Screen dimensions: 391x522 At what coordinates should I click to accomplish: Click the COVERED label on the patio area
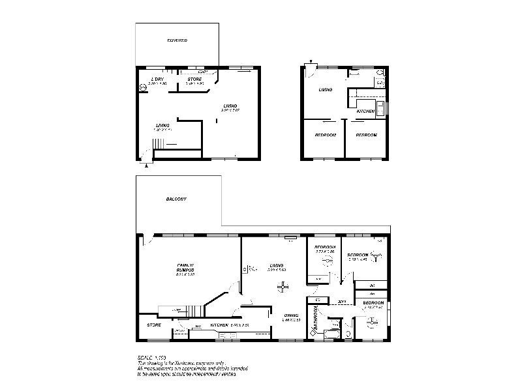click(x=177, y=40)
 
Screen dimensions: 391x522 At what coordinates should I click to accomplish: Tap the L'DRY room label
click(x=157, y=79)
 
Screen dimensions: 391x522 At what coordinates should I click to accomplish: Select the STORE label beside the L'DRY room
click(x=194, y=79)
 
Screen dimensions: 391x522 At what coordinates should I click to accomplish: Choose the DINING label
click(x=291, y=315)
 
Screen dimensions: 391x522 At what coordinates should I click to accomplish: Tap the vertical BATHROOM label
click(x=315, y=319)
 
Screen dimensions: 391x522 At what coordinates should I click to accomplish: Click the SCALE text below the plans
click(x=147, y=358)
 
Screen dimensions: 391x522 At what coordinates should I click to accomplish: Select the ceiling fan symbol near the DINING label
click(x=283, y=285)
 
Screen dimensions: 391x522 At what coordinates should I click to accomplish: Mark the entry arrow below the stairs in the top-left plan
click(x=146, y=164)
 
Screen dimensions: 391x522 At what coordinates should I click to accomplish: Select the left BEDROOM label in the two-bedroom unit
click(x=325, y=135)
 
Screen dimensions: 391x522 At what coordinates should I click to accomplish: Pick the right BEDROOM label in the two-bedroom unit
click(x=367, y=135)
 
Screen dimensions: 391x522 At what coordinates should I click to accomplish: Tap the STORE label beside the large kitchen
click(x=154, y=325)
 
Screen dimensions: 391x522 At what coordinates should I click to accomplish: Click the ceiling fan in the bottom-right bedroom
click(x=372, y=320)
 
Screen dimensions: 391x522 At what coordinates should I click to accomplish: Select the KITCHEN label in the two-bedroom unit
click(x=365, y=112)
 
